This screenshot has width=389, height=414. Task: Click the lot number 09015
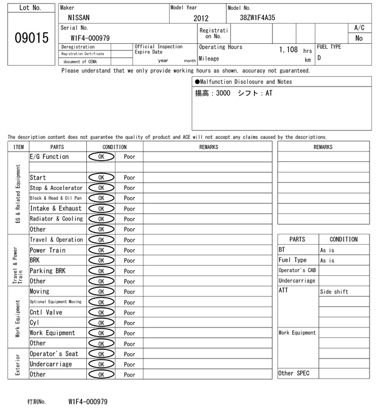[x=31, y=38]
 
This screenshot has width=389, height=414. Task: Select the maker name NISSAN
[x=78, y=18]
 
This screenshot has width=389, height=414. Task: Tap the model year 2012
[x=201, y=18]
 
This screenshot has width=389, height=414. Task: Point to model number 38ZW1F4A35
[x=258, y=18]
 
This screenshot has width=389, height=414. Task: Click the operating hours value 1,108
[x=288, y=49]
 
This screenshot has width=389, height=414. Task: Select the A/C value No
[x=359, y=38]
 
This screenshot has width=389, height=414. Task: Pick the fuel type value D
[x=320, y=58]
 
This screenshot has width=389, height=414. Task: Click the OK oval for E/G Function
[x=101, y=156]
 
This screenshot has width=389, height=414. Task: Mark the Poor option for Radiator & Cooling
[x=129, y=219]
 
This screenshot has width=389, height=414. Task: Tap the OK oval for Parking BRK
[x=101, y=271]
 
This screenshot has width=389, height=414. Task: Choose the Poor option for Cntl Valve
[x=129, y=312]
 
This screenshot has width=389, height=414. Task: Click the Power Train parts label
[x=47, y=250]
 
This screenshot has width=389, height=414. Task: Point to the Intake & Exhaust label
[x=55, y=209]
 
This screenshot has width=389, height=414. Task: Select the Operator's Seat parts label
[x=54, y=354]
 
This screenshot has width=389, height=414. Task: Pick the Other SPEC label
[x=294, y=373]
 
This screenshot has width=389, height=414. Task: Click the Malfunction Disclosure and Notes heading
[x=243, y=82]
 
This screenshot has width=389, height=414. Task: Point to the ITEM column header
[x=18, y=147]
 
